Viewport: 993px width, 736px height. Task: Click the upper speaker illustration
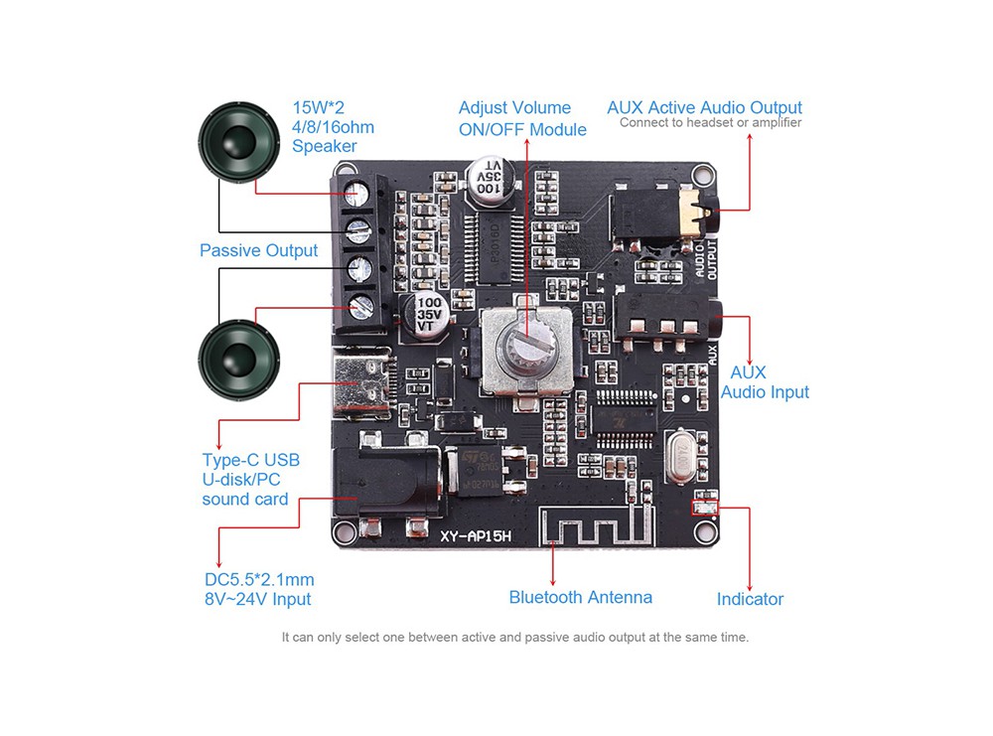(x=238, y=141)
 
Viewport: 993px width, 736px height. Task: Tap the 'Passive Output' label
(x=258, y=250)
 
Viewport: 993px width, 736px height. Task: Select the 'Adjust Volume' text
(x=514, y=107)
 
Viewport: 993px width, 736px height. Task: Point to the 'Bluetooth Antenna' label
(x=580, y=597)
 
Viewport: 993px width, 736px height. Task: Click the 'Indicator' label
(x=750, y=599)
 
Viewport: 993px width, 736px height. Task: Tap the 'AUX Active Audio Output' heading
(x=704, y=107)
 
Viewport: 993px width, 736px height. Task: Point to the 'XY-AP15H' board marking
(x=476, y=536)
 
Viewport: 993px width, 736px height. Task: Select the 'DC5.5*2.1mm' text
(x=259, y=579)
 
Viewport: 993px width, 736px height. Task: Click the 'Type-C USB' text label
(x=250, y=460)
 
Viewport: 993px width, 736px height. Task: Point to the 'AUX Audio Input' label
(x=765, y=382)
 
